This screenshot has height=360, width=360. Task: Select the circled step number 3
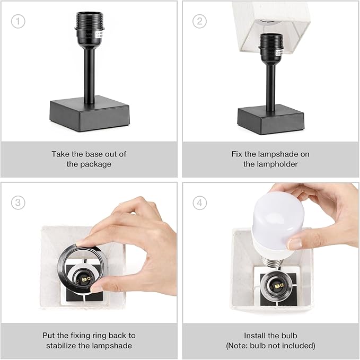[18, 203]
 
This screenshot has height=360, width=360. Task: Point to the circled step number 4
[200, 203]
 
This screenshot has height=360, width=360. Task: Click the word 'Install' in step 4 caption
[255, 336]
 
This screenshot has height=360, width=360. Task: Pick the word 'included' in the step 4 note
[299, 346]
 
